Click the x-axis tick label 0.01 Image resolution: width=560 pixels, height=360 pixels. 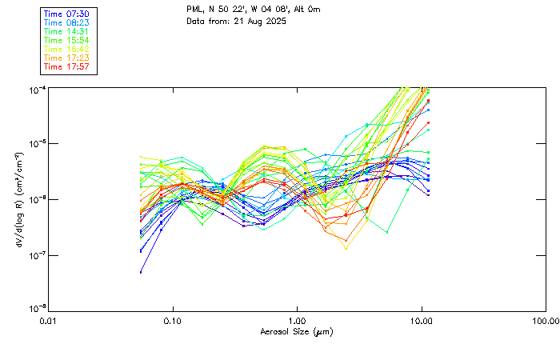click(x=49, y=321)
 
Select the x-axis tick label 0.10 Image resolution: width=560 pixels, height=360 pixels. click(x=173, y=321)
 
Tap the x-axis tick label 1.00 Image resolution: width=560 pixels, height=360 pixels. click(x=297, y=321)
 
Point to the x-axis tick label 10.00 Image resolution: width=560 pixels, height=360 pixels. click(x=422, y=321)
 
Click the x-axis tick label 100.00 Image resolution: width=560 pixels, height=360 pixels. click(x=546, y=321)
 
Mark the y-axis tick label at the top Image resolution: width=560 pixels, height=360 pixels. click(x=37, y=88)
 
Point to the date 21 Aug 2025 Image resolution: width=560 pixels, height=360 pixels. click(x=259, y=22)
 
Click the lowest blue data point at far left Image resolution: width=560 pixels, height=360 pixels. click(x=142, y=272)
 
